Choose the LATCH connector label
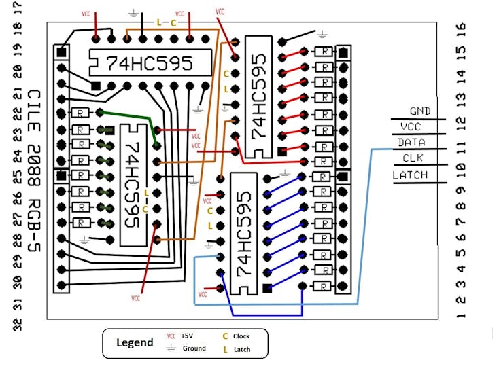click(x=411, y=175)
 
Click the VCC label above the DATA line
click(x=411, y=126)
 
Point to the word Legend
click(x=135, y=342)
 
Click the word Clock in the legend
click(x=241, y=336)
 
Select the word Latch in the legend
click(x=241, y=349)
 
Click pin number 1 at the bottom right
click(x=461, y=315)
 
